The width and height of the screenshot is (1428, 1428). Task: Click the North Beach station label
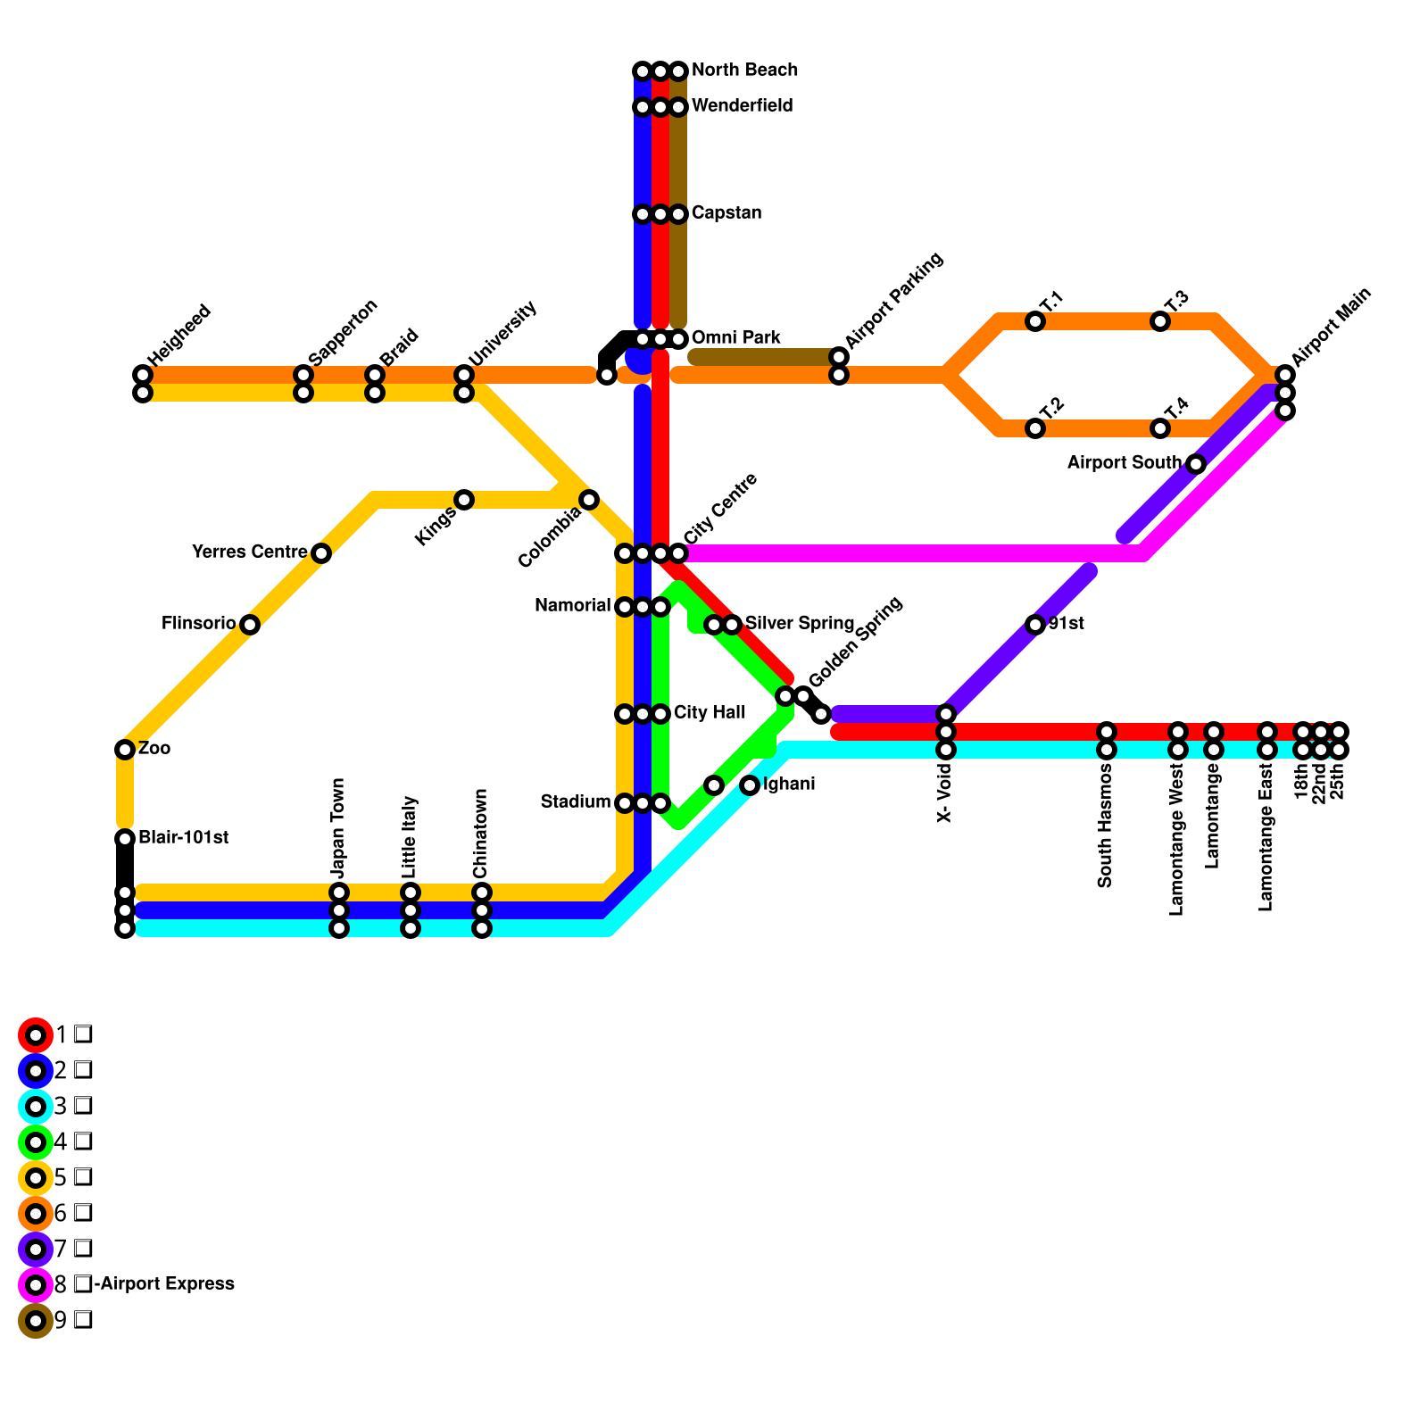[x=744, y=71]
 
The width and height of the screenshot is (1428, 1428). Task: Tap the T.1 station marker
[x=1035, y=321]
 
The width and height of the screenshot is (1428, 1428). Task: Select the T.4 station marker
[x=1160, y=428]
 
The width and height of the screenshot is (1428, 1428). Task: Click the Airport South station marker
[x=1196, y=464]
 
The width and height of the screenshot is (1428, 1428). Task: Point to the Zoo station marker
[x=125, y=750]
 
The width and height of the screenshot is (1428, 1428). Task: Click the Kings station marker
[x=464, y=500]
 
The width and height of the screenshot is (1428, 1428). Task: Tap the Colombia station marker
[x=589, y=500]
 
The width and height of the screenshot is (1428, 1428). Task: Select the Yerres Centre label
[x=250, y=552]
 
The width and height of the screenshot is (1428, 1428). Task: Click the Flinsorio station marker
[x=250, y=625]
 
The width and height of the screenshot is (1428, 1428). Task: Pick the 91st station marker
[x=1035, y=625]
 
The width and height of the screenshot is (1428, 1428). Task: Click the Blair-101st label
[x=184, y=838]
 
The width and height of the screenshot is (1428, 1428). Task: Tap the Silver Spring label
[x=800, y=624]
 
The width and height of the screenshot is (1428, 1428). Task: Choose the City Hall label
[x=710, y=713]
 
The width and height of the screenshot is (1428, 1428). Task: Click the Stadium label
[x=576, y=802]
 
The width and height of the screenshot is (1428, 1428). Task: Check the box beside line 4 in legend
[x=83, y=1142]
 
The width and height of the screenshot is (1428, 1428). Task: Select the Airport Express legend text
[x=164, y=1284]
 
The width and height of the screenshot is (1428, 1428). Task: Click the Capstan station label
[x=726, y=213]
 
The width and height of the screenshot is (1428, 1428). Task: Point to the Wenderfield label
[x=742, y=106]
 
